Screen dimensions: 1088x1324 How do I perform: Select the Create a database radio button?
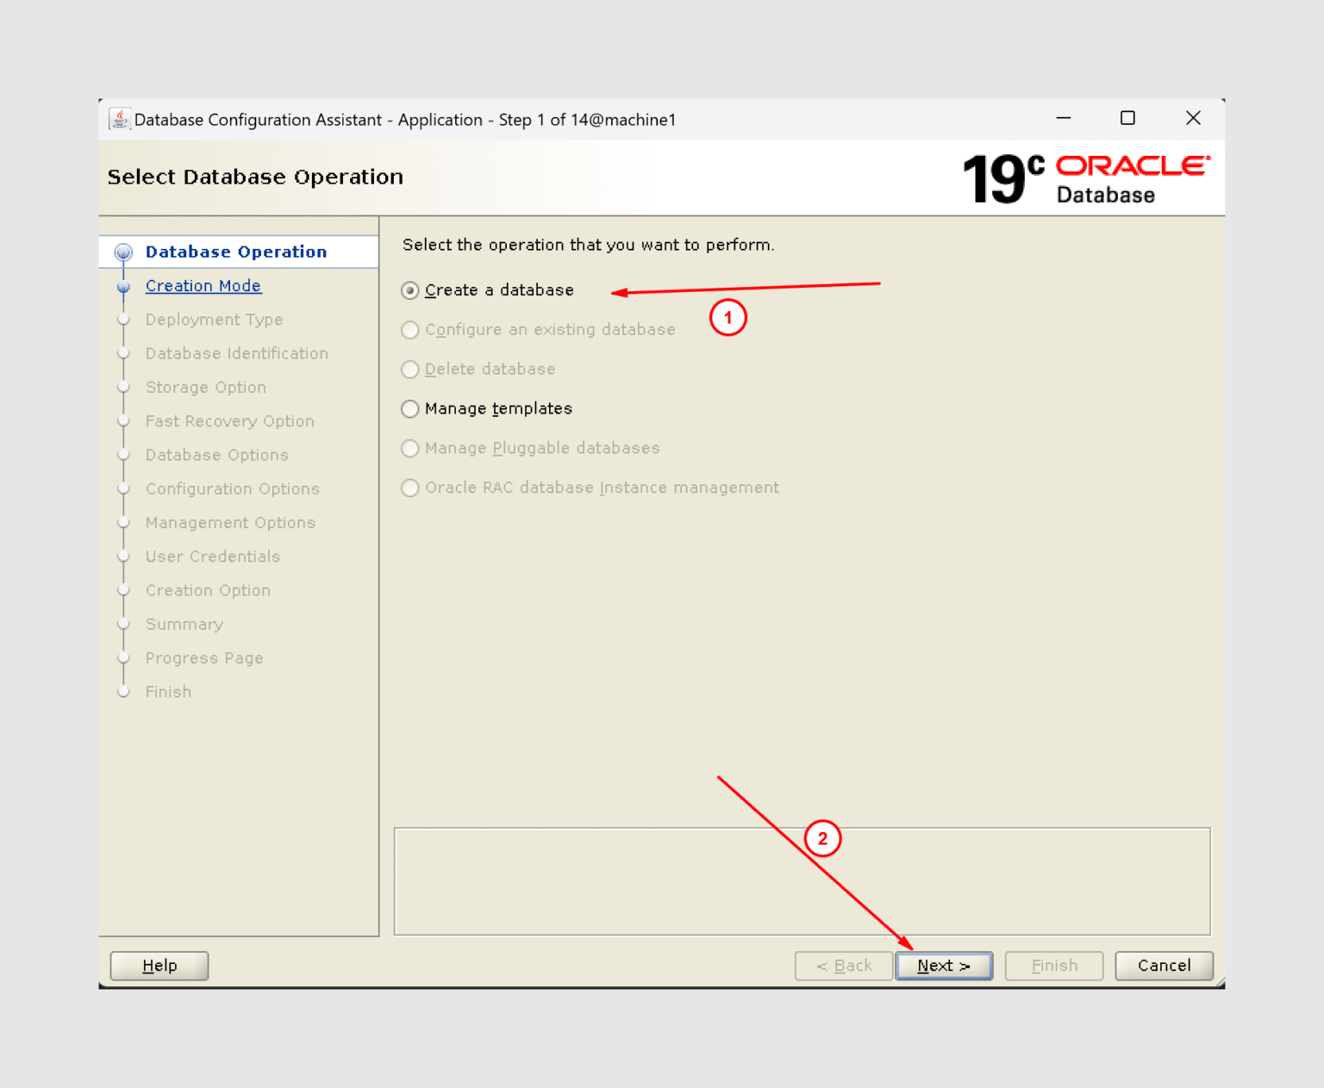(x=410, y=290)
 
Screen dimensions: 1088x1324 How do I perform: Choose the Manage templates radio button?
(x=410, y=408)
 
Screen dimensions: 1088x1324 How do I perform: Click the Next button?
(x=944, y=966)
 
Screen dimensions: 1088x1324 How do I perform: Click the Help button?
(x=159, y=966)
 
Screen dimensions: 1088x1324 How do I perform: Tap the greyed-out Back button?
(x=843, y=966)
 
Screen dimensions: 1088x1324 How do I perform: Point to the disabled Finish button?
(x=1053, y=966)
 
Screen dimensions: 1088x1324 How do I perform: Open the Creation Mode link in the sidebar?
(x=203, y=285)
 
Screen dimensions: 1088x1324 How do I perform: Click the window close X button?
(x=1193, y=118)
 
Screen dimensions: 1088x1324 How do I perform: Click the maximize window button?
(x=1127, y=118)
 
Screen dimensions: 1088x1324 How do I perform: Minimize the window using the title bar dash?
(x=1064, y=118)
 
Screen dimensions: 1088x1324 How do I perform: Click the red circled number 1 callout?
(x=728, y=318)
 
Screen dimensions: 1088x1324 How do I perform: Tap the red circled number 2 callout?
(x=822, y=838)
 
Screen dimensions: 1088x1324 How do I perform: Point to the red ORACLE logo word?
(x=1133, y=165)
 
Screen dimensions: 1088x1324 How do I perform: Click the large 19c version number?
(x=1002, y=178)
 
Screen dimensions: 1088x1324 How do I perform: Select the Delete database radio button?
(x=410, y=370)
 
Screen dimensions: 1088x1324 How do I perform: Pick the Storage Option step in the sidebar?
(x=205, y=388)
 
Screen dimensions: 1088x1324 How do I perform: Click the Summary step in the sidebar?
(x=184, y=625)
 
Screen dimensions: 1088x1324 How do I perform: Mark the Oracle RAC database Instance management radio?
(x=410, y=488)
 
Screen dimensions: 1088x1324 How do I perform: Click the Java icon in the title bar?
(x=120, y=119)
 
